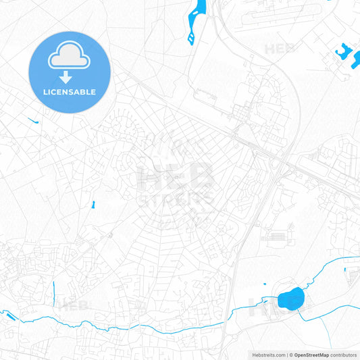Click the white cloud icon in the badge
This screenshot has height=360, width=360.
tap(70, 59)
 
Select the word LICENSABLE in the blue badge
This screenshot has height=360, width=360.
tap(70, 92)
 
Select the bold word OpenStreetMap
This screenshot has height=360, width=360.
tap(311, 355)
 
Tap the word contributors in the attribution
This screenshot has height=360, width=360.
tap(344, 355)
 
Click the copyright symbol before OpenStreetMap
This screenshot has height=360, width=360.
tap(290, 355)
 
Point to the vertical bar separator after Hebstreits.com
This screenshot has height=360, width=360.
tap(286, 355)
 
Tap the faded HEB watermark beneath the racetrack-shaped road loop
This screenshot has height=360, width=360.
tap(279, 49)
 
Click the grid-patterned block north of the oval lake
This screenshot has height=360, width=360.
tap(277, 237)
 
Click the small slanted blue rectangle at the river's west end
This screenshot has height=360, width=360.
tap(7, 315)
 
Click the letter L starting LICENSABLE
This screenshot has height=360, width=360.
tap(45, 92)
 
